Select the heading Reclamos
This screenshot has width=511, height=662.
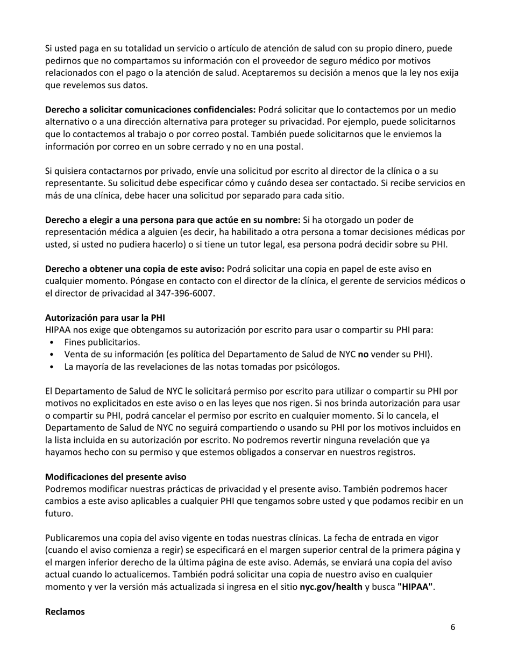[65, 611]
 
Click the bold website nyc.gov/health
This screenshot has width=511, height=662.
[331, 587]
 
